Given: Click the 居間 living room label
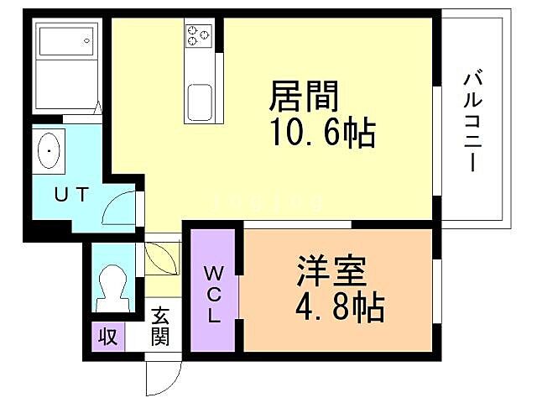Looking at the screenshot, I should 304,97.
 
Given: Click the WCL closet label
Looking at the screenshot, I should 213,295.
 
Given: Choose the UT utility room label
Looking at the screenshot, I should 71,195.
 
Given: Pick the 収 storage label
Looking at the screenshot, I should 108,338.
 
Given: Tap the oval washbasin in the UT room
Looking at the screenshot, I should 51,151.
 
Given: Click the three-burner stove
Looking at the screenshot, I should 199,35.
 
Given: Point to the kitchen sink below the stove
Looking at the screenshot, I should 200,102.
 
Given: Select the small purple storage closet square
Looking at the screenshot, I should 108,338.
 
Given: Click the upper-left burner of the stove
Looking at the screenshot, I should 193,30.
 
